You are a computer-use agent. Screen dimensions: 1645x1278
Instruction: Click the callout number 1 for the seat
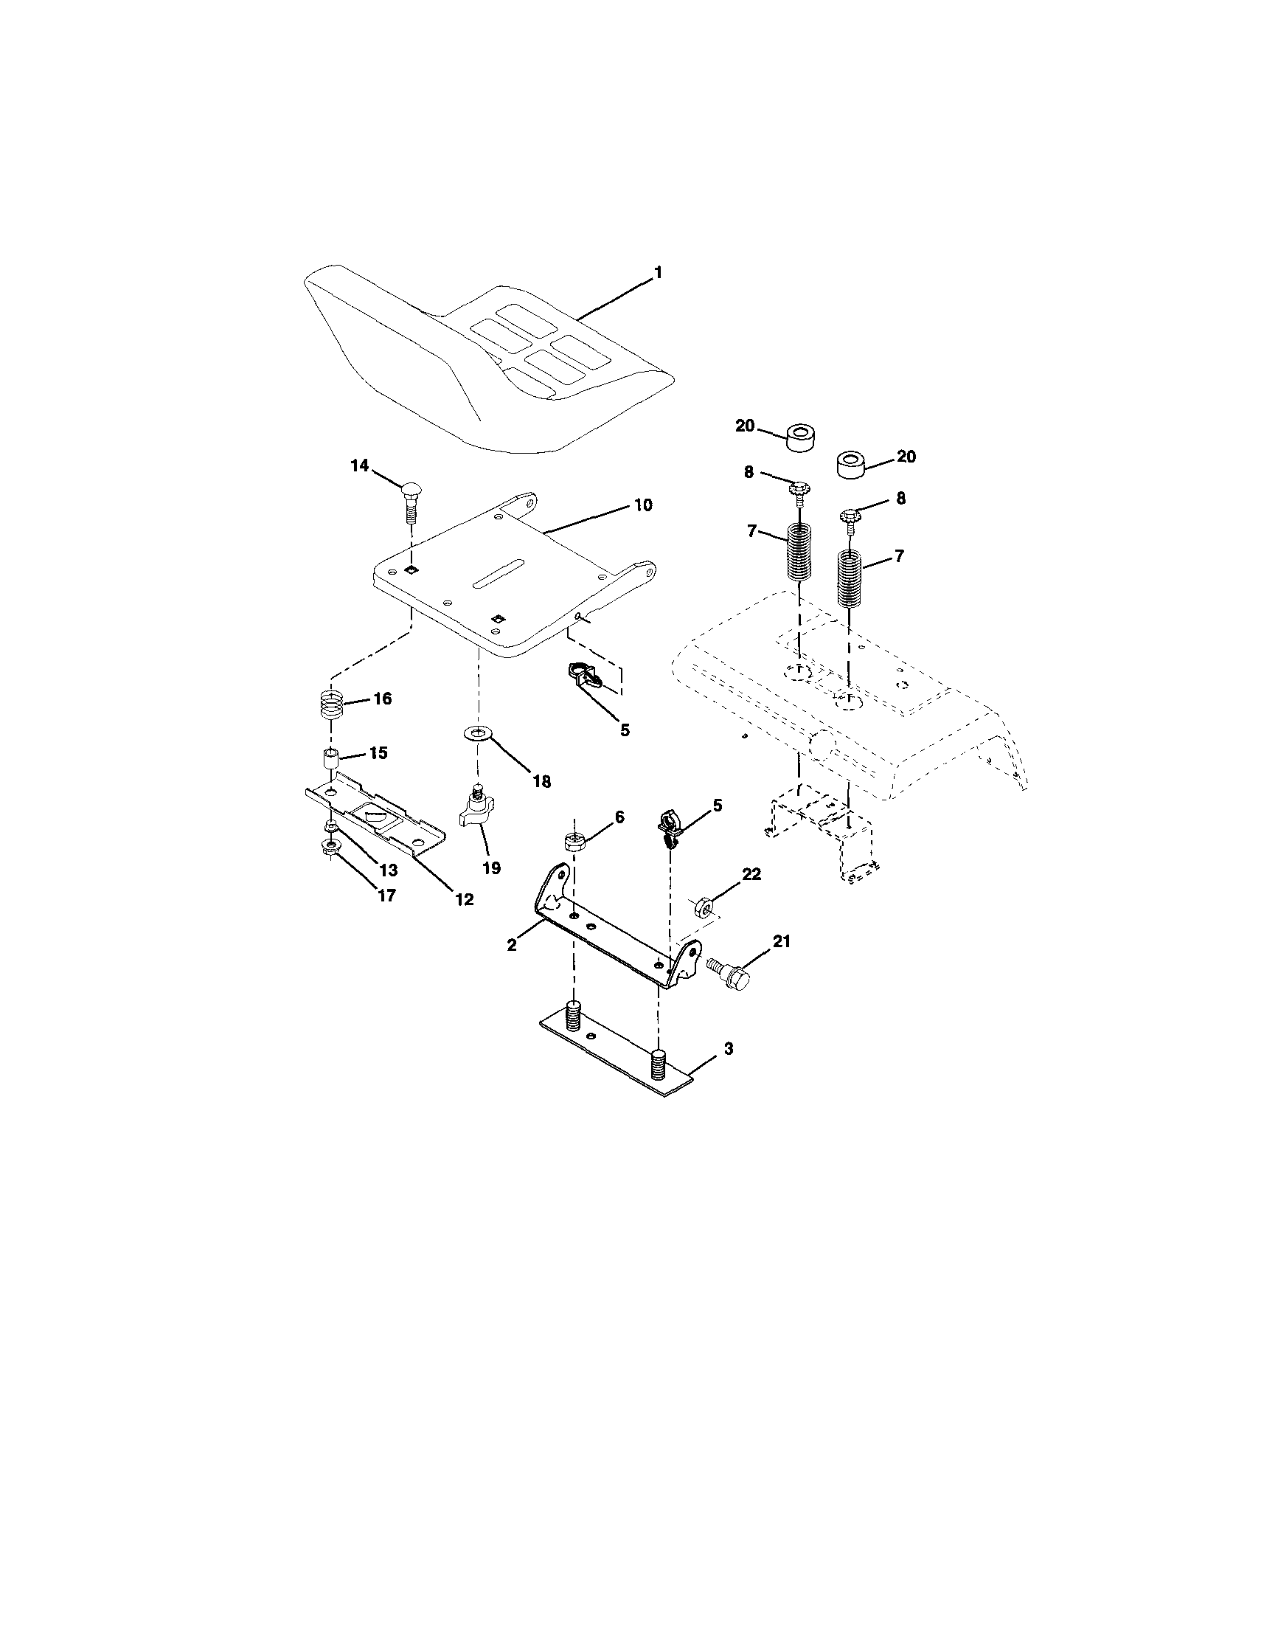pos(659,273)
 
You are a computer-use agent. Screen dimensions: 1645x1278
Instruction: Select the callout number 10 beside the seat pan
pos(642,505)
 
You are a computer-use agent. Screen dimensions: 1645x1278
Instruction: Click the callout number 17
pos(386,896)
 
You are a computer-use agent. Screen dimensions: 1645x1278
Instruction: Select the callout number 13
pos(387,870)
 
